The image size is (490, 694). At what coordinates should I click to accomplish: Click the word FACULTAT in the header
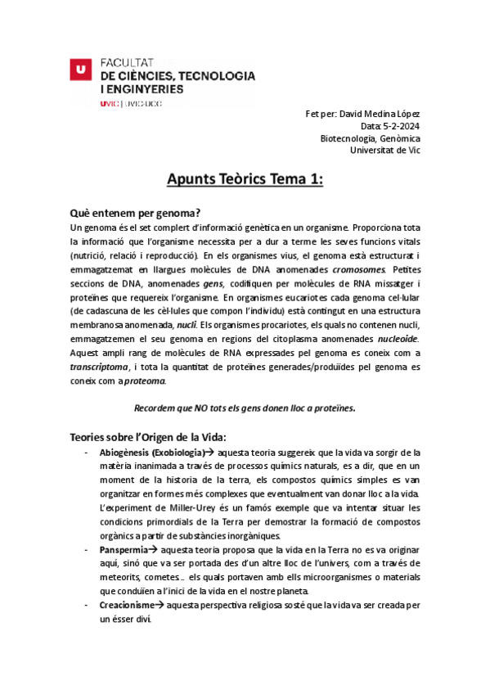point(127,62)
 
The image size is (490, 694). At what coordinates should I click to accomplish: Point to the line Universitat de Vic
point(384,151)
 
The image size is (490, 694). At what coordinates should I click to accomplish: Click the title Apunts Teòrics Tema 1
point(245,179)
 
